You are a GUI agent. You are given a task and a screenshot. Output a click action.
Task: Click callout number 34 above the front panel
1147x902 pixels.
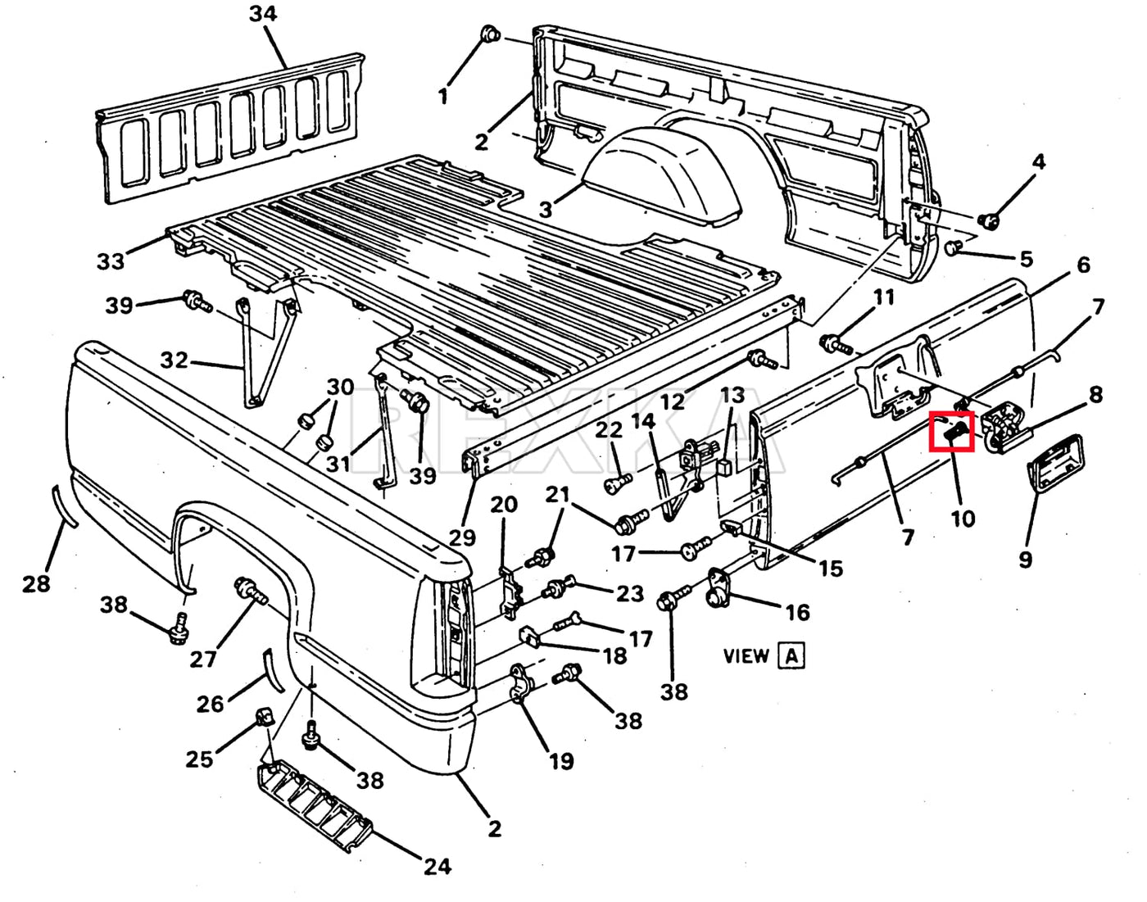(263, 14)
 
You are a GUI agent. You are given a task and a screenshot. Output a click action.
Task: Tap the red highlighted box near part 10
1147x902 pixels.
(952, 432)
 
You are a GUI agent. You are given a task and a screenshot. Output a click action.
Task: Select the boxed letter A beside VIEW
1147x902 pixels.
(791, 655)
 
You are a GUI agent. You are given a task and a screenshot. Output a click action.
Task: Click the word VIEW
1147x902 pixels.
(746, 655)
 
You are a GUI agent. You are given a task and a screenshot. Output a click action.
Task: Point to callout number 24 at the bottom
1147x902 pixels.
(437, 865)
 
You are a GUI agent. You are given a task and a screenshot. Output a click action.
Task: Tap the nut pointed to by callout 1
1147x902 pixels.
(489, 34)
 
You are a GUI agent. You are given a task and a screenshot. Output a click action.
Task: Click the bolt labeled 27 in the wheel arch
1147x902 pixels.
(247, 590)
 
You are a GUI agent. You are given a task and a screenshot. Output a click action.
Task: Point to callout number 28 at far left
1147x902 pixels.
(36, 583)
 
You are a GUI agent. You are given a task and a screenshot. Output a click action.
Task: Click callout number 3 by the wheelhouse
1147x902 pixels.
(546, 210)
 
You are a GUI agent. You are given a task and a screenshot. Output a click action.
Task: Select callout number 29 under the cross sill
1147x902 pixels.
(462, 537)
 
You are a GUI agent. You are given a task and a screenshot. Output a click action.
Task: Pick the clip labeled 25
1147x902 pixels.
(265, 718)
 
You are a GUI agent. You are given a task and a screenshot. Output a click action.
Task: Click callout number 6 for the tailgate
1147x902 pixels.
(1083, 265)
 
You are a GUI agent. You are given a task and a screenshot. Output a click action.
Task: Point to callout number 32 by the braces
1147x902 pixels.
(175, 360)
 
